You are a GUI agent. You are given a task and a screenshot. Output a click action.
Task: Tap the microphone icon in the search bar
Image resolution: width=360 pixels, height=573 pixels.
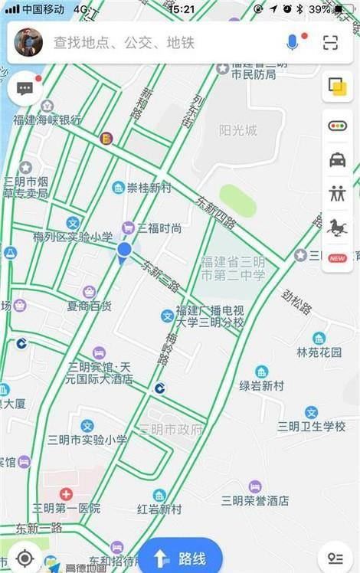click(292, 42)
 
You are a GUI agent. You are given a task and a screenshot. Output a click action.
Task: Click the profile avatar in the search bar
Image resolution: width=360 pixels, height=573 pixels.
click(28, 42)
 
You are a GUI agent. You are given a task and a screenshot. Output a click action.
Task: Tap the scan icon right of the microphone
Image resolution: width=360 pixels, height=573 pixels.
click(330, 42)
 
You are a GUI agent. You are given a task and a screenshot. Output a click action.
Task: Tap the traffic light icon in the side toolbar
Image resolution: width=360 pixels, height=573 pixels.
click(337, 126)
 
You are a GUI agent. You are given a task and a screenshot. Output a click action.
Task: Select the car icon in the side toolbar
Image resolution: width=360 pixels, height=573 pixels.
click(337, 159)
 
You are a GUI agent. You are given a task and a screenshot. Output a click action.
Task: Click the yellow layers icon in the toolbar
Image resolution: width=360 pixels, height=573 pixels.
click(337, 87)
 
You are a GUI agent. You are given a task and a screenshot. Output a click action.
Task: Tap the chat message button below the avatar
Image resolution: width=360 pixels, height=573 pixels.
click(25, 88)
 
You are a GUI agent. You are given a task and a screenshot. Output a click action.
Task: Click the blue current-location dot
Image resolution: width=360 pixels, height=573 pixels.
click(124, 249)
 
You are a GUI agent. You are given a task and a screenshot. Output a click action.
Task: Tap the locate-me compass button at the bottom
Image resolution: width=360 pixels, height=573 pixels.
click(25, 558)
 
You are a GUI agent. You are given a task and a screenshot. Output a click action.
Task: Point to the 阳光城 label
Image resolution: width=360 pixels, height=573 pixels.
click(237, 130)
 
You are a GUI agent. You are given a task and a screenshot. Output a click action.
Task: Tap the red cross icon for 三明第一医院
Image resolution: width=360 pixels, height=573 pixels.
click(66, 494)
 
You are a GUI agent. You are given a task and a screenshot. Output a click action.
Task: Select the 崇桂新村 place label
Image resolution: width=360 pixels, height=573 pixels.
click(149, 188)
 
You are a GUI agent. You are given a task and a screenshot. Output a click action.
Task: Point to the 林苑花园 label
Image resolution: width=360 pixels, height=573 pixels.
click(319, 352)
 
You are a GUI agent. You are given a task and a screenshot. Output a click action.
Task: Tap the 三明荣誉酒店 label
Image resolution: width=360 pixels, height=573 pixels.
click(255, 500)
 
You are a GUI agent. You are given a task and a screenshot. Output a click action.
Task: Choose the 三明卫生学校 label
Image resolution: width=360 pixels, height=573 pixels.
click(311, 426)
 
